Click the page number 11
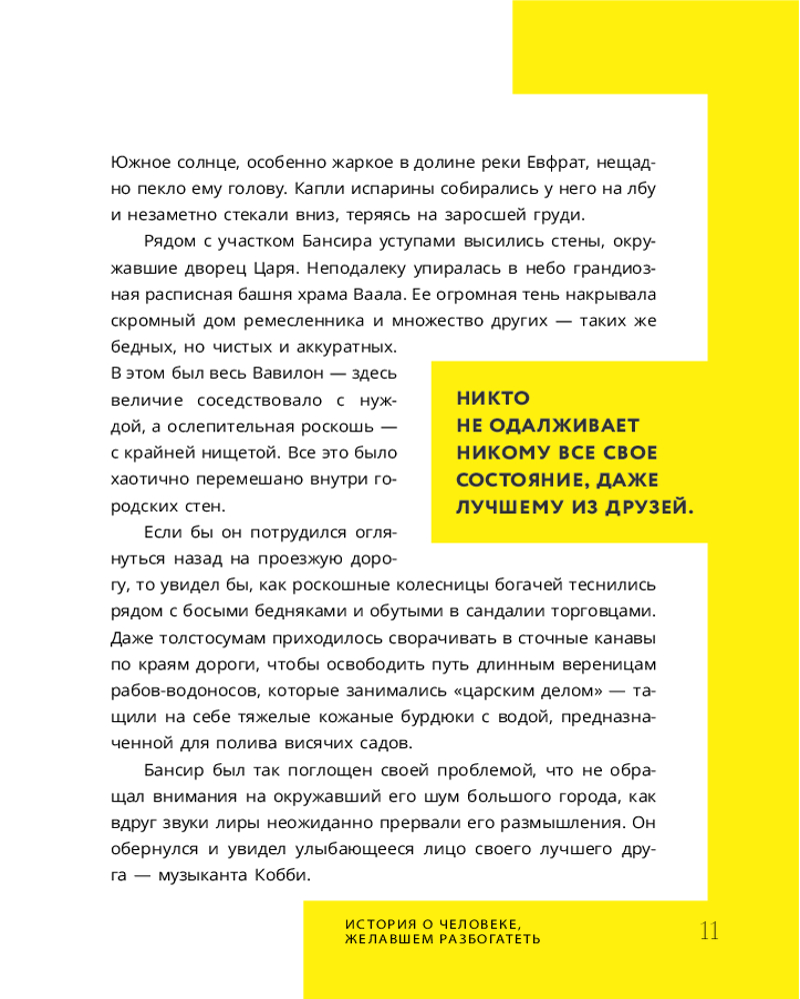coord(709,930)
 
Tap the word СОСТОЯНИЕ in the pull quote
coord(514,480)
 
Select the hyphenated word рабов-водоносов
coord(172,690)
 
